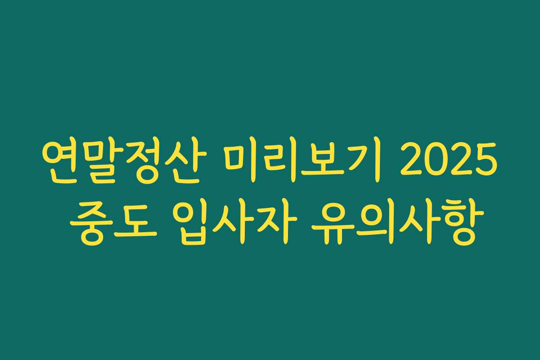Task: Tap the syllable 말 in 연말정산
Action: pyautogui.click(x=99, y=160)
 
